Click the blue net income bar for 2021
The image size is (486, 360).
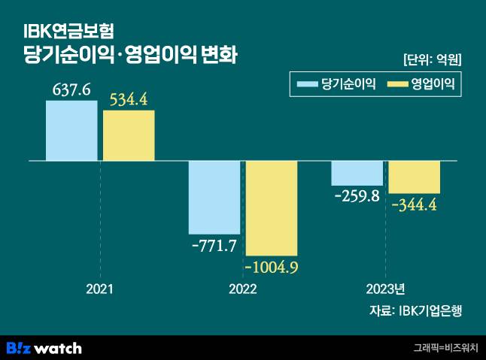[x=71, y=131]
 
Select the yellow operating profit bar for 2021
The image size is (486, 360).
[x=129, y=135]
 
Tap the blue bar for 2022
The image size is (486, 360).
[x=214, y=197]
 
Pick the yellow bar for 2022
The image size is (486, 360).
[x=272, y=208]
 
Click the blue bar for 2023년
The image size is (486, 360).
[x=357, y=173]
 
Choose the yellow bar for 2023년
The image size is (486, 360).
[x=414, y=177]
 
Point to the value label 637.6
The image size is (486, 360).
[x=71, y=90]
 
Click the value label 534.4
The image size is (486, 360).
[x=129, y=100]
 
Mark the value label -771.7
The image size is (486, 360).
[x=214, y=245]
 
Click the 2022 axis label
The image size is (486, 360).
[x=242, y=289]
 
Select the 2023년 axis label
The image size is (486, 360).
[x=385, y=289]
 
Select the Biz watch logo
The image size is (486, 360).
[x=44, y=348]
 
